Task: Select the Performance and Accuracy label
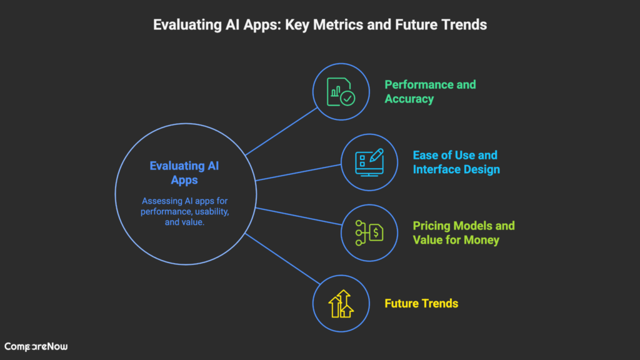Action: [430, 91]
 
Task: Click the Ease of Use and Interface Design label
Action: [456, 162]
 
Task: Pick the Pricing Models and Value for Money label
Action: [464, 232]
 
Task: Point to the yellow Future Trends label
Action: [421, 304]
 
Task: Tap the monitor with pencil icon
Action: [369, 162]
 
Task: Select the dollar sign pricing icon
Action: [369, 232]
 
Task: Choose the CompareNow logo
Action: [36, 346]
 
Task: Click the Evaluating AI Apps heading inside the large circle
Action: [184, 172]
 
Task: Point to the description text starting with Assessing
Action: [184, 212]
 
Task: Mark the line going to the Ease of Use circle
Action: [299, 172]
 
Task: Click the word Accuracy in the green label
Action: [409, 99]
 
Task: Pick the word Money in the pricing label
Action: [481, 240]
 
